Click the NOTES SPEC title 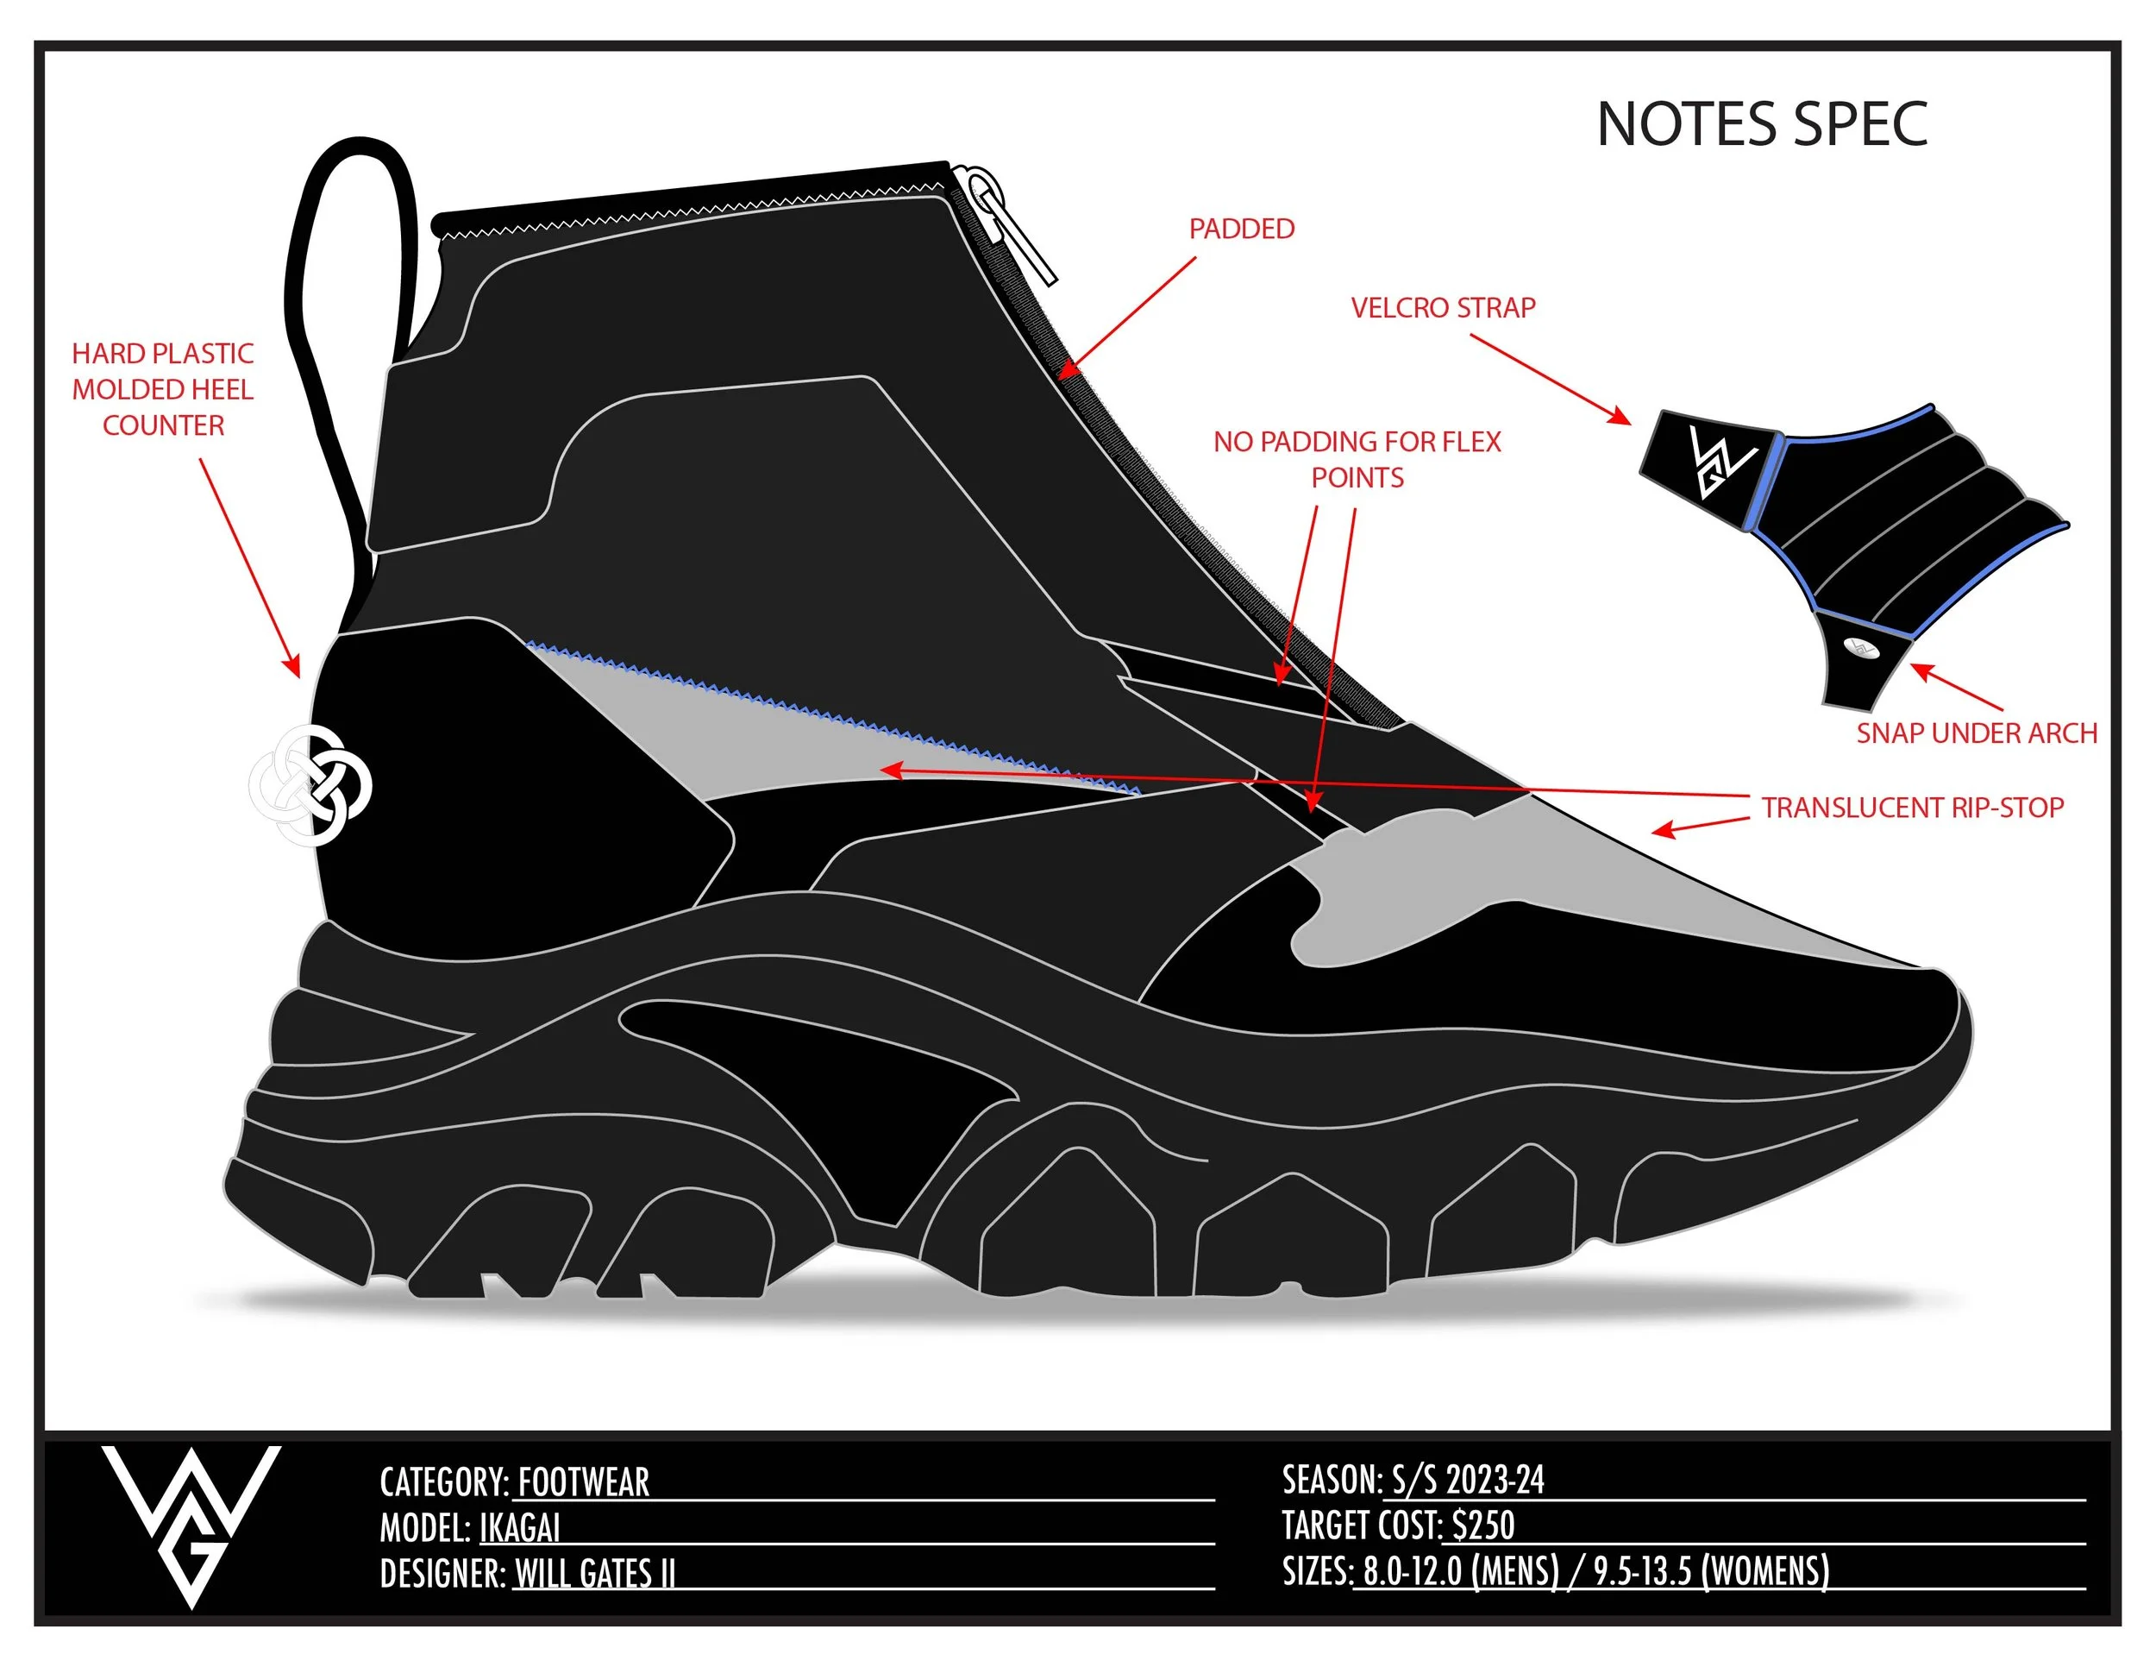click(x=1761, y=124)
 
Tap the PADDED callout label click(x=1241, y=230)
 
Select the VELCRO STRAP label click(x=1442, y=308)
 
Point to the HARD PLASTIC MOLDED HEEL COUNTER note click(x=163, y=389)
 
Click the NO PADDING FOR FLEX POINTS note click(x=1357, y=459)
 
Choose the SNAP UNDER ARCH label click(x=1977, y=733)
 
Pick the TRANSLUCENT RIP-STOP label click(x=1912, y=808)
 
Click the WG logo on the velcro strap click(x=1720, y=460)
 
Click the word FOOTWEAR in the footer click(x=584, y=1482)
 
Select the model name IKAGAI click(x=519, y=1528)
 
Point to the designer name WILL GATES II click(x=594, y=1573)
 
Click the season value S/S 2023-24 click(x=1467, y=1481)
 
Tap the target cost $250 click(x=1482, y=1525)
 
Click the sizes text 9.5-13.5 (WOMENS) click(x=1711, y=1571)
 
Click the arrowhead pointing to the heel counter click(x=293, y=669)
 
